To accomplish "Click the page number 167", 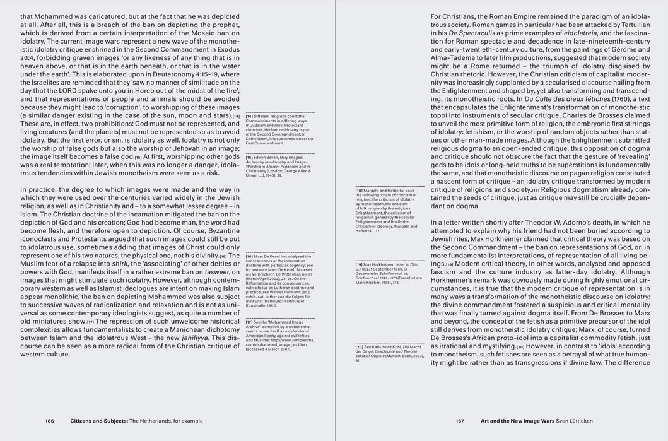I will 459,421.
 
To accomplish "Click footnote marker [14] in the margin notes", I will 250,116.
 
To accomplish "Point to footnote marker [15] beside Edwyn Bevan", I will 250,157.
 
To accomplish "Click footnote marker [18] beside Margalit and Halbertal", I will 360,190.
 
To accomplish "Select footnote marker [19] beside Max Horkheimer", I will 360,264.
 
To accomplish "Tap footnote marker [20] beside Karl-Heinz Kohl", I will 360,346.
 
